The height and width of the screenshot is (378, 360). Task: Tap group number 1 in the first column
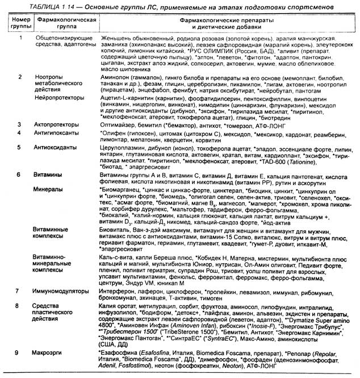pos(20,38)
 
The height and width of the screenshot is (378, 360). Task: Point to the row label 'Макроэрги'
pos(52,354)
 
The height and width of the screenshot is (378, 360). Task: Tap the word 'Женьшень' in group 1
pos(114,38)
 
